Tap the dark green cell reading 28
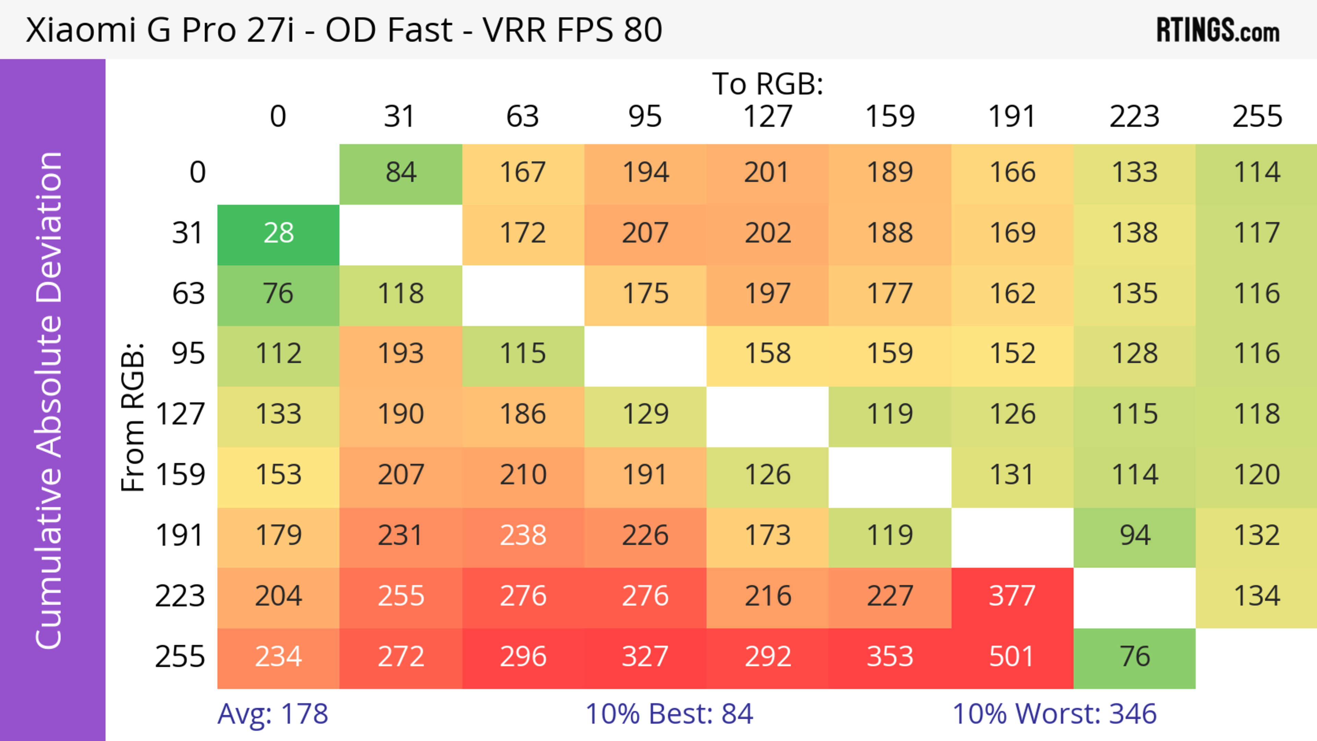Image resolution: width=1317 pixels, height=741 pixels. click(278, 234)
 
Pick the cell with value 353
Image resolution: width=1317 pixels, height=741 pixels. click(890, 657)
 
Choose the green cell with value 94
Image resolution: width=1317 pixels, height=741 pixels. click(1135, 536)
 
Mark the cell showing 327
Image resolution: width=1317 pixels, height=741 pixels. click(645, 657)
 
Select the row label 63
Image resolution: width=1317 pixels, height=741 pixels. click(188, 294)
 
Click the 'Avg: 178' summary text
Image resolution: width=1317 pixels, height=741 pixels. click(273, 714)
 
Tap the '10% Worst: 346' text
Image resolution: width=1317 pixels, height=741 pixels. click(1054, 714)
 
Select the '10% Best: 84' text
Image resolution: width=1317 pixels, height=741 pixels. click(669, 714)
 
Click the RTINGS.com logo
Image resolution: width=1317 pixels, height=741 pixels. click(1218, 30)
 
